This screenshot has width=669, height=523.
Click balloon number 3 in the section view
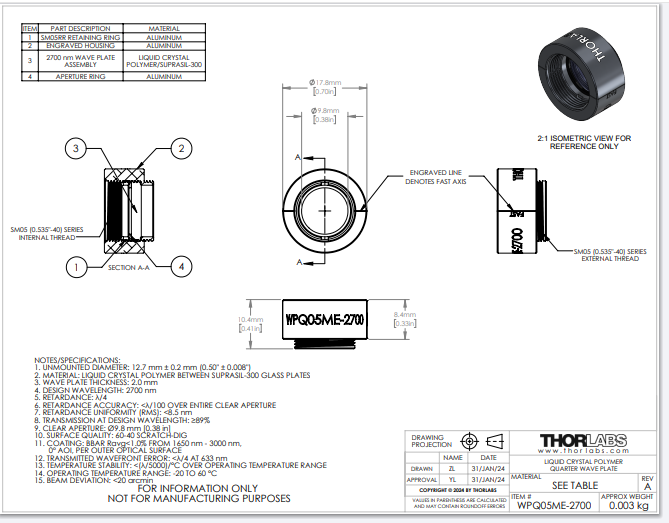tap(74, 149)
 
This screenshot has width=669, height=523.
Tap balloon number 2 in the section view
tap(180, 149)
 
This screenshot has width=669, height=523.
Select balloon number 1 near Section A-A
tap(74, 267)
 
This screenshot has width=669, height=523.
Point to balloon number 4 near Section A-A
tap(180, 267)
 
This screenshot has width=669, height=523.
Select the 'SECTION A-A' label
tap(130, 268)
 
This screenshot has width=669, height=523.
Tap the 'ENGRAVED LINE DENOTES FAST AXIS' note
tap(436, 178)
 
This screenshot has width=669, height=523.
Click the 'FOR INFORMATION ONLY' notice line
tap(198, 488)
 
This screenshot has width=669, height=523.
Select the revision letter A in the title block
tap(647, 486)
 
